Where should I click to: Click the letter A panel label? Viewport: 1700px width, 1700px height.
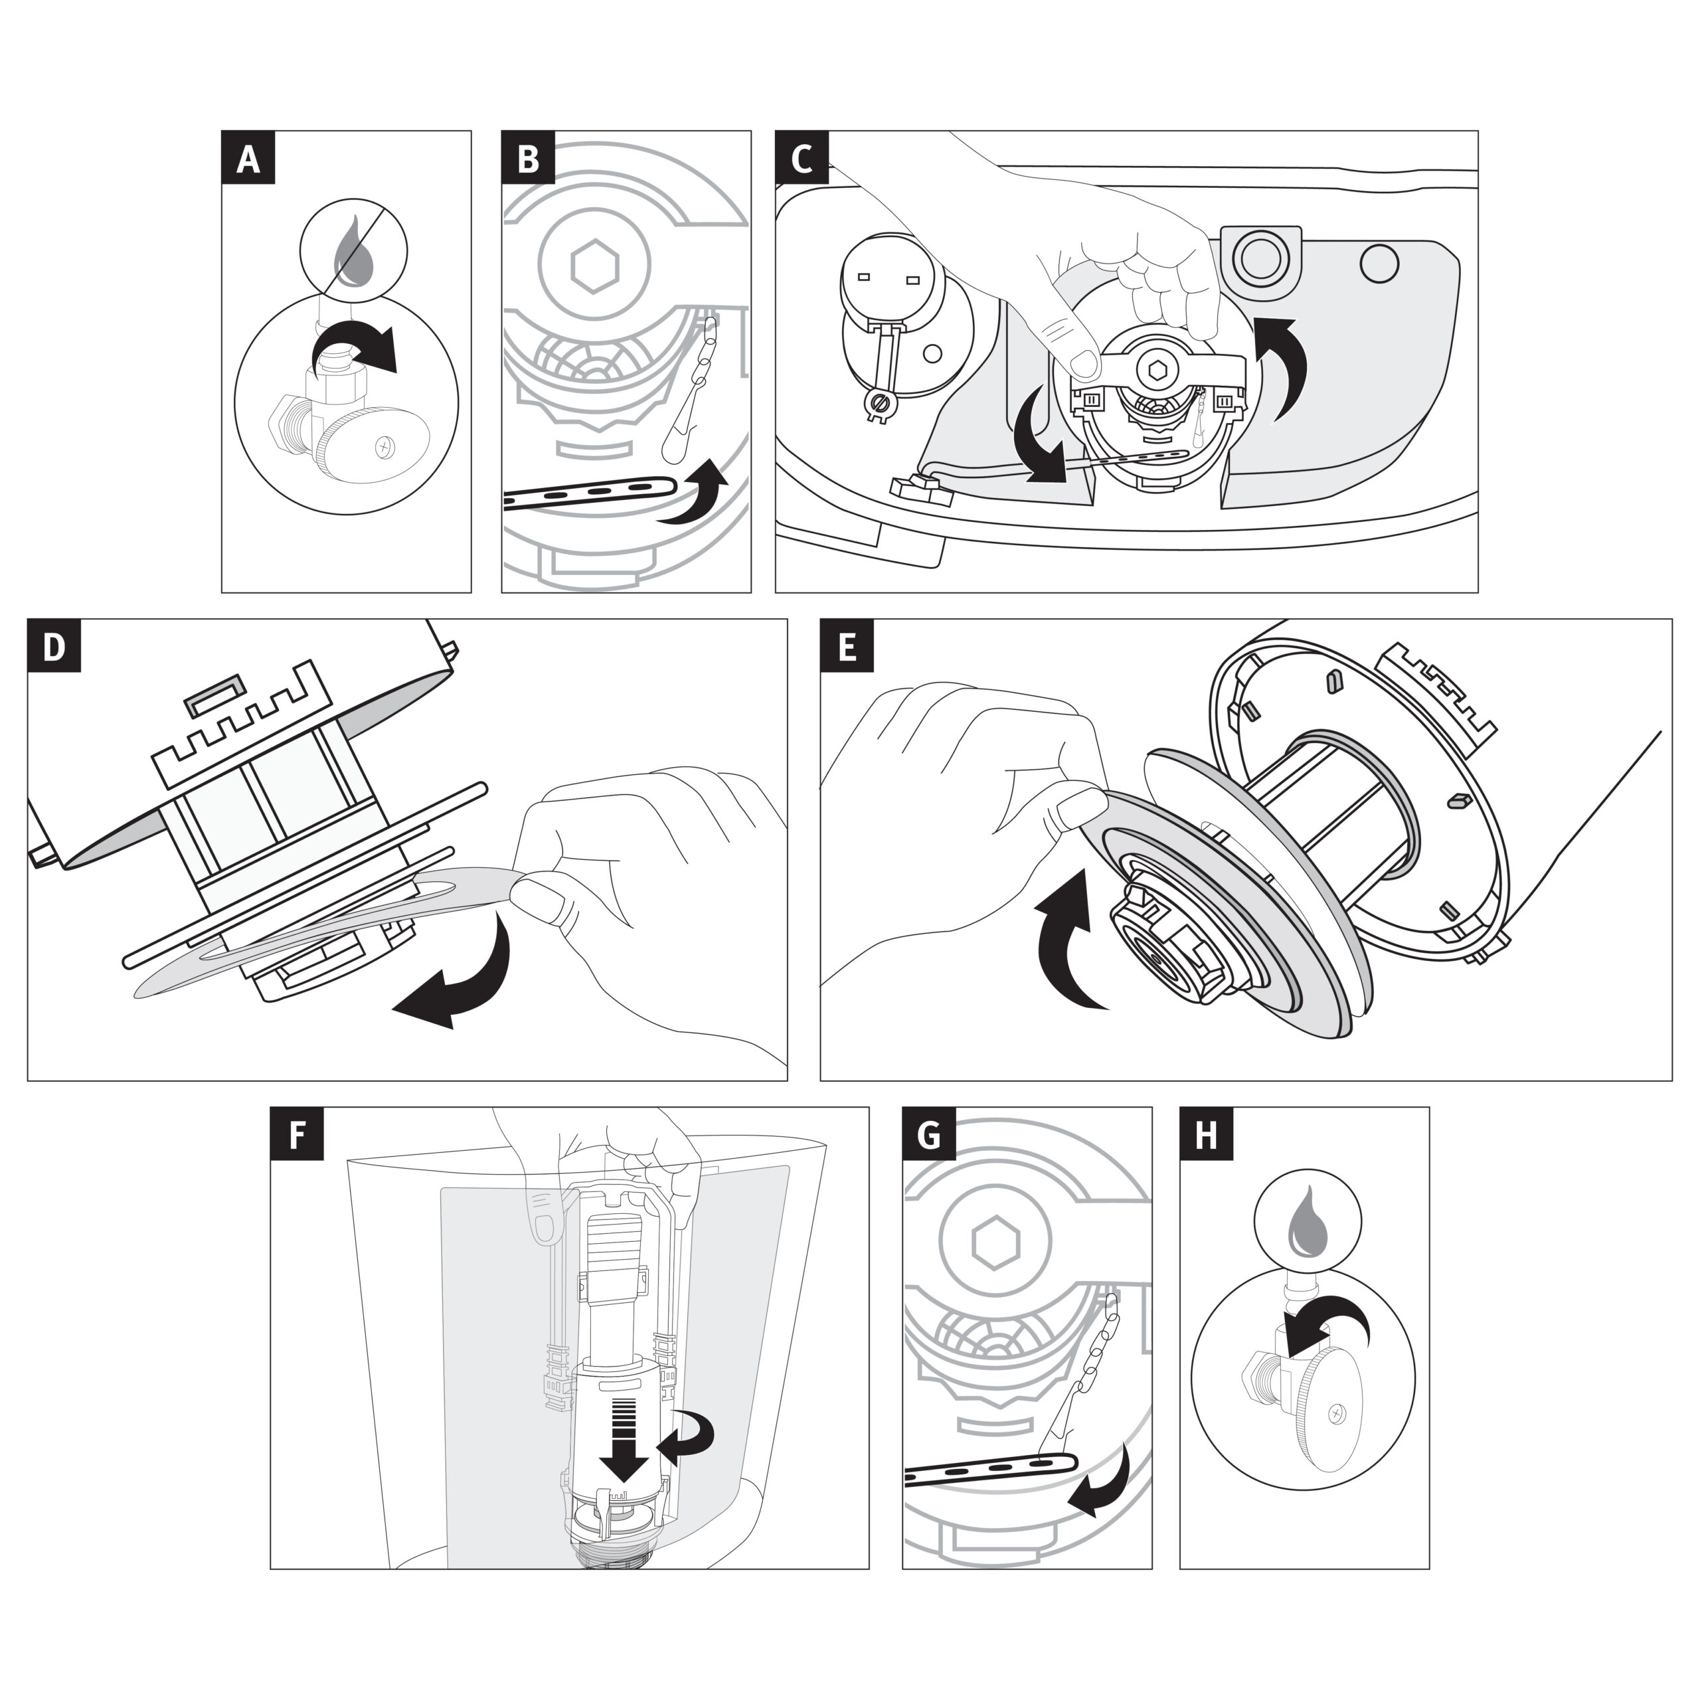248,159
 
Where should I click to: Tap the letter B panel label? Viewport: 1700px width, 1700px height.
528,159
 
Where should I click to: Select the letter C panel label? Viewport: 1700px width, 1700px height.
802,159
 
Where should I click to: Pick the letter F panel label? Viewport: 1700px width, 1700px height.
297,1134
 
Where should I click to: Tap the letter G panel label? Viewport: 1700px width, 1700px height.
929,1134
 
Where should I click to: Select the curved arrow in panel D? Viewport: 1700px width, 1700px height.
462,977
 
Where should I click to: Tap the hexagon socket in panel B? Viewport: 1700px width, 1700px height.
596,265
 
